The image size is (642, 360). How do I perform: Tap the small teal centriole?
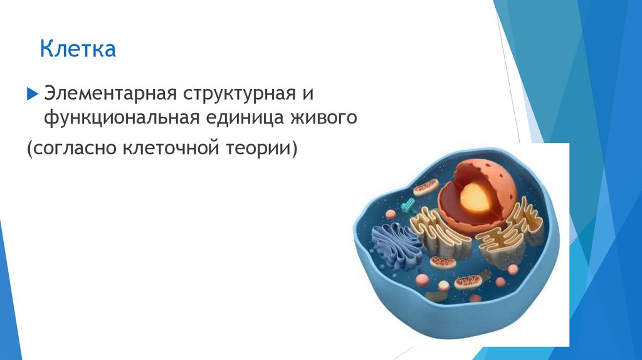[408, 205]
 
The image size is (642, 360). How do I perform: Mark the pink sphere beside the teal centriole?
[390, 214]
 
